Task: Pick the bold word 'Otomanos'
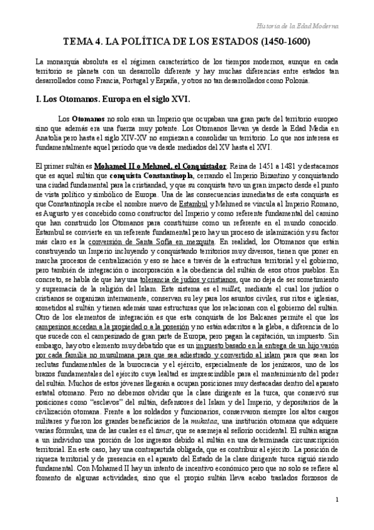coord(88,117)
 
